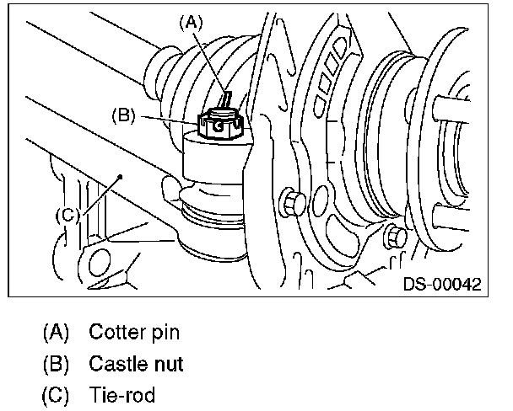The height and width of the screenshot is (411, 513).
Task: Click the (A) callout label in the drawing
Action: coord(192,24)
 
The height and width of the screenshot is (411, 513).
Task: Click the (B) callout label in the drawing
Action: coord(124,115)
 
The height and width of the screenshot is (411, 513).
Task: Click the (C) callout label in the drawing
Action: coord(67,215)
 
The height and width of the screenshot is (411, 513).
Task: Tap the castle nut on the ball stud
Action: coord(220,125)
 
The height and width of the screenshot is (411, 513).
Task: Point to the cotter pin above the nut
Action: coord(226,99)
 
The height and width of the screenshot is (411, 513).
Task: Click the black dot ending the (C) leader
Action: coord(121,177)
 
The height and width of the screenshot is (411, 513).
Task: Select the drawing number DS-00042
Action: coord(442,284)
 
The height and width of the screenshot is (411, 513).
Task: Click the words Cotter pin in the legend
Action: coord(134,332)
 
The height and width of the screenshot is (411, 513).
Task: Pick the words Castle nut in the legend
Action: coord(136,364)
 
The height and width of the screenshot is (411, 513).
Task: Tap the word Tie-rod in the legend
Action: coord(122,395)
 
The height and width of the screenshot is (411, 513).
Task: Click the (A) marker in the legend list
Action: coord(56,333)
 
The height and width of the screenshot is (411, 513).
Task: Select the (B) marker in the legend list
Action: coord(56,364)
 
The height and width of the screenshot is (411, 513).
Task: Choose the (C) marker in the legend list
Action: coord(56,395)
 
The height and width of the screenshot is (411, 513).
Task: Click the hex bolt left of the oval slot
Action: coord(293,203)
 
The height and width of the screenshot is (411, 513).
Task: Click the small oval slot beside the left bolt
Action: coord(321,200)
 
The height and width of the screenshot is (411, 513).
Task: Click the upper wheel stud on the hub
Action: coord(451,109)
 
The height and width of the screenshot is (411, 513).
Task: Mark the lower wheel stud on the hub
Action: coord(451,216)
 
